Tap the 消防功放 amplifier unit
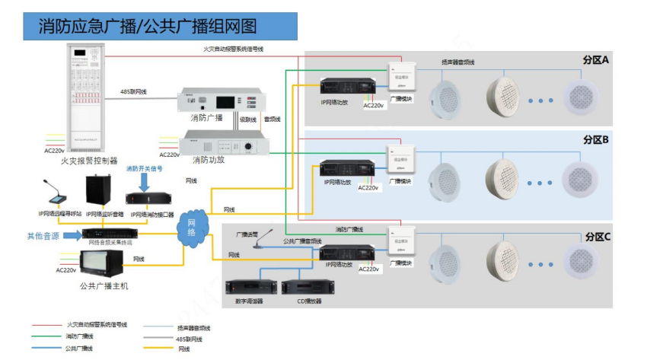[223, 145]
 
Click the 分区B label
[596, 140]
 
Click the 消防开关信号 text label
[144, 168]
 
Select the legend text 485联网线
[189, 337]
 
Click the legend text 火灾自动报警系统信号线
[97, 324]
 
